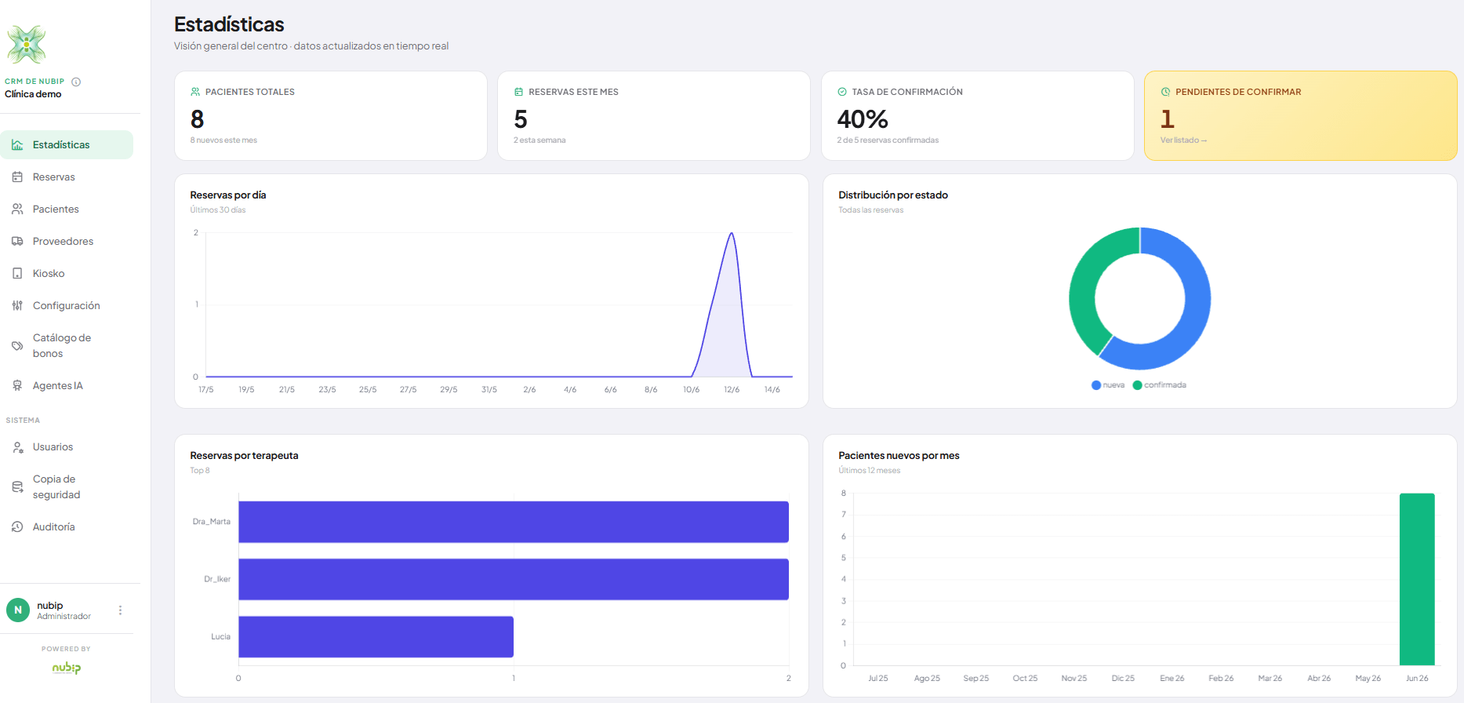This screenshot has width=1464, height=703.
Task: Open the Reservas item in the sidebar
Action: pyautogui.click(x=53, y=177)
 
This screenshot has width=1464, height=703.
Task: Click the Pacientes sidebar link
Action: pyautogui.click(x=55, y=209)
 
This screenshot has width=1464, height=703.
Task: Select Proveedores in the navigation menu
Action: pyautogui.click(x=63, y=242)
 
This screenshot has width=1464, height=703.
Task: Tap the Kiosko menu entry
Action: pyautogui.click(x=48, y=274)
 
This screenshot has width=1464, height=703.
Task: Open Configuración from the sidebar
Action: pyautogui.click(x=66, y=306)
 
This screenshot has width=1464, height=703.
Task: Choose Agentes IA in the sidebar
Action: pyautogui.click(x=57, y=386)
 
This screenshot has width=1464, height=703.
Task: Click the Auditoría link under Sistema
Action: pyautogui.click(x=53, y=527)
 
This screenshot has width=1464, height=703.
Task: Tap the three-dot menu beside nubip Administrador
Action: pyautogui.click(x=120, y=610)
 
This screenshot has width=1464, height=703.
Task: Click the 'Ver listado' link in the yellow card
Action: pyautogui.click(x=1183, y=140)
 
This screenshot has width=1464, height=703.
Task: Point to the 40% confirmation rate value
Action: pyautogui.click(x=863, y=119)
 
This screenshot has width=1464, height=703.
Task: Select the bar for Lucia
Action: pyautogui.click(x=376, y=637)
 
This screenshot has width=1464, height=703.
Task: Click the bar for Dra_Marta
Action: pyautogui.click(x=514, y=522)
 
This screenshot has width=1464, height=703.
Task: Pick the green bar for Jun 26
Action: pyautogui.click(x=1417, y=579)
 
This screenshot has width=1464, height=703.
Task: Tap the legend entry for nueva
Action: pyautogui.click(x=1108, y=385)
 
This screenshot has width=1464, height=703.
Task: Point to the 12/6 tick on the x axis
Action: pyautogui.click(x=732, y=390)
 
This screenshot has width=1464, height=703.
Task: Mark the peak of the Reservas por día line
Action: pyautogui.click(x=732, y=233)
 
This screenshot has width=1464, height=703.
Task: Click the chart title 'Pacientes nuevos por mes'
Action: pyautogui.click(x=899, y=456)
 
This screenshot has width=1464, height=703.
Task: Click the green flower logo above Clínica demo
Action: pyautogui.click(x=27, y=44)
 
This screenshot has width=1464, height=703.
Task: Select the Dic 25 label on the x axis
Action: pyautogui.click(x=1123, y=679)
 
